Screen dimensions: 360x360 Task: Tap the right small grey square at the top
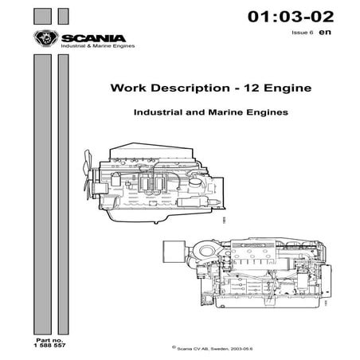(63, 16)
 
